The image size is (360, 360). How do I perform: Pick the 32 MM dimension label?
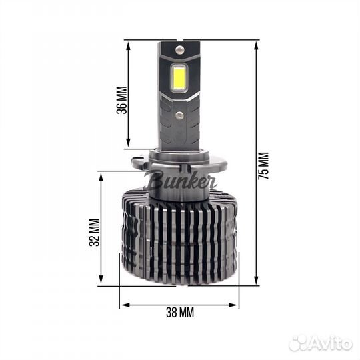pos(94,233)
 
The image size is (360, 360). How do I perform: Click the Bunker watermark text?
pos(171,181)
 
